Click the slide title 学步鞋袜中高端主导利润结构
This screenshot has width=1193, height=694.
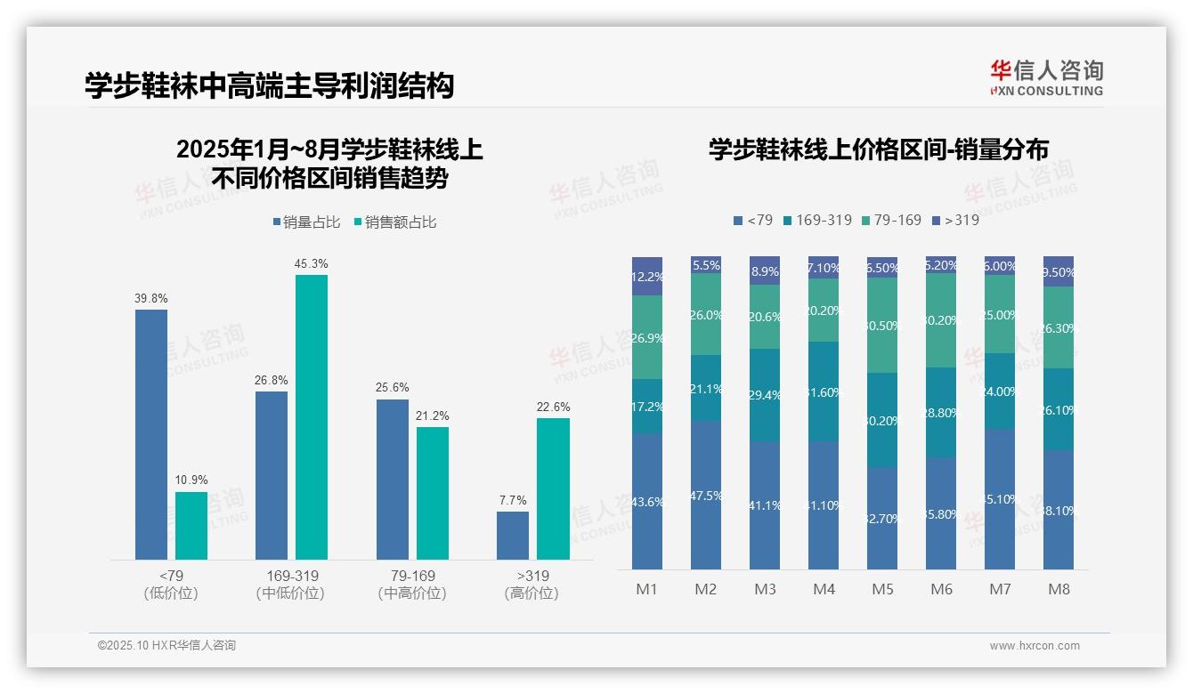[x=269, y=85]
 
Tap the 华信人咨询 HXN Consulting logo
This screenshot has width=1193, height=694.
[x=1046, y=77]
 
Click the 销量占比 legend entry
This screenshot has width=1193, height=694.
[x=306, y=222]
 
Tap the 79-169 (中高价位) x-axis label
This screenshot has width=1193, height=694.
[x=412, y=584]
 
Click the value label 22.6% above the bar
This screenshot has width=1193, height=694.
[x=553, y=407]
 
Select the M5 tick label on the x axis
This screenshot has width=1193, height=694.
[x=882, y=589]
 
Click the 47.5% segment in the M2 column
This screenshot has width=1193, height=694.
[x=706, y=495]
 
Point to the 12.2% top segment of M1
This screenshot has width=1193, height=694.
[x=647, y=276]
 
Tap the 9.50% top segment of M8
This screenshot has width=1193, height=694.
[x=1059, y=271]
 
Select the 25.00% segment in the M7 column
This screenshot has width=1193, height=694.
[x=1000, y=314]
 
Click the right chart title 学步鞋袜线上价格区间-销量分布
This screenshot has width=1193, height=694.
[x=878, y=149]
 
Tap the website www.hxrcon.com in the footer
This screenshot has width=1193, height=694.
[x=1035, y=646]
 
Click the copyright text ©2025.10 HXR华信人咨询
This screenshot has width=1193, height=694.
[x=166, y=646]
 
